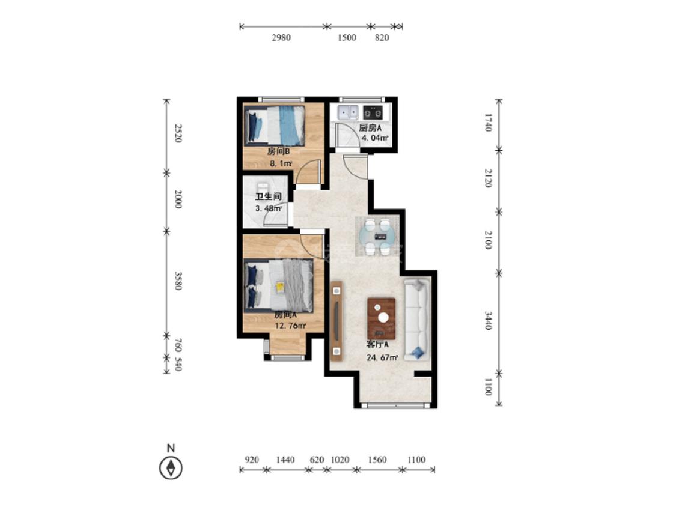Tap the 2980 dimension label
tap(281, 38)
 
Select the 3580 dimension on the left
tap(178, 281)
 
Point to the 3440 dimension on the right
tap(487, 321)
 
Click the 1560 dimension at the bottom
tap(377, 460)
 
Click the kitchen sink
tap(349, 112)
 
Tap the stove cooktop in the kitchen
tap(373, 112)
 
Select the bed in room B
tap(275, 126)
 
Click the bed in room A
tap(278, 285)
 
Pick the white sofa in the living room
tap(416, 320)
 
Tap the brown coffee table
tap(381, 318)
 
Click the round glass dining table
tap(379, 236)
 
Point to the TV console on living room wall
tap(336, 321)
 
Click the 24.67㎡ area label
tap(382, 357)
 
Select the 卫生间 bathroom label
tap(268, 196)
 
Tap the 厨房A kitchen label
tap(370, 127)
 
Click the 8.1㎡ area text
tap(281, 163)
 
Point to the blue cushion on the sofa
tap(418, 353)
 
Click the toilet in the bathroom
tap(262, 187)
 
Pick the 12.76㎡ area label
tap(291, 326)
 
